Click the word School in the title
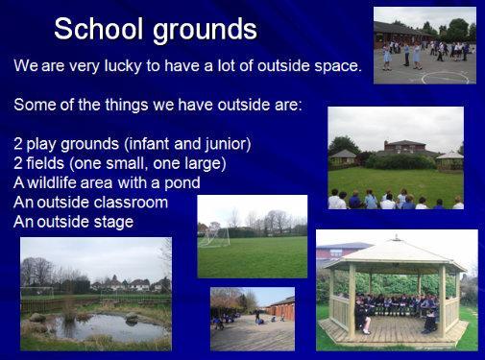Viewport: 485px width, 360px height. [98, 28]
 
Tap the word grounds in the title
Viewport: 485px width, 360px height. [205, 31]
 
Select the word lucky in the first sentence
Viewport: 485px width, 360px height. [123, 66]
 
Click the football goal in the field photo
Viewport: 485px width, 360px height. [214, 236]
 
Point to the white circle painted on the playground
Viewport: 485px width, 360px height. [446, 78]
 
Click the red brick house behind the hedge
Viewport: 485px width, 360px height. [404, 148]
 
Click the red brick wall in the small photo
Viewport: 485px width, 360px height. [281, 309]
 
